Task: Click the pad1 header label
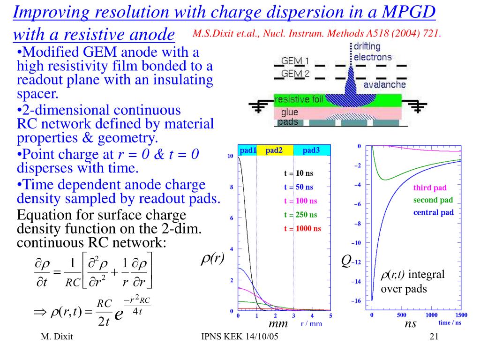pos(248,150)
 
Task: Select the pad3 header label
pos(311,150)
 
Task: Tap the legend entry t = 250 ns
pos(300,215)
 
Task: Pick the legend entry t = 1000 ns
pos(302,229)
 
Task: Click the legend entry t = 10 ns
pos(299,173)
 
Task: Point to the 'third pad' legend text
pos(430,188)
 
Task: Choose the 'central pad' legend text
pos(433,212)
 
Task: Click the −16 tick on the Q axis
pos(356,300)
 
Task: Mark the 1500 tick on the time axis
pos(461,315)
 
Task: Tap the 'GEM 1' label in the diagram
pos(295,61)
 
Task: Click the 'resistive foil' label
pos(298,99)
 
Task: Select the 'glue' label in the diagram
pos(289,112)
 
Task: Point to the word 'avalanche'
pos(384,85)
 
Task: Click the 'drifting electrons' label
pos(372,52)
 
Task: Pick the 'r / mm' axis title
pos(311,323)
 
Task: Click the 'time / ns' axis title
pos(450,322)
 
